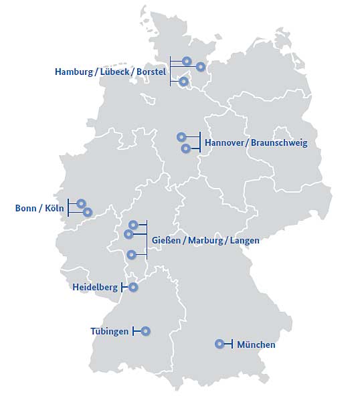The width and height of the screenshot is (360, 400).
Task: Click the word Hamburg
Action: pyautogui.click(x=74, y=72)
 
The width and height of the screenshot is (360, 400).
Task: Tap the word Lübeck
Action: pyautogui.click(x=116, y=72)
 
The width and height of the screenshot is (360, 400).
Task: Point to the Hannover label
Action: pyautogui.click(x=224, y=143)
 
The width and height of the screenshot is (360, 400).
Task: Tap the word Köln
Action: pyautogui.click(x=54, y=208)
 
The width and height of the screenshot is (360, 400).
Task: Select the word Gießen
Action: pyautogui.click(x=167, y=240)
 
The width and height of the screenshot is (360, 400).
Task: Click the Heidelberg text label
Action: pyautogui.click(x=94, y=288)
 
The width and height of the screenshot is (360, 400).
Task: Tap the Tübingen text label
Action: pyautogui.click(x=109, y=331)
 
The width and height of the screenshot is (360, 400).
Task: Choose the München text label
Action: pyautogui.click(x=256, y=345)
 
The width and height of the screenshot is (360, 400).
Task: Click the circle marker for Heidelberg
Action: pyautogui.click(x=132, y=287)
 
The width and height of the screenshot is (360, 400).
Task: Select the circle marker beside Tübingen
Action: pyautogui.click(x=145, y=330)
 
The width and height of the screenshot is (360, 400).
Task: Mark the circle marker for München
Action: pyautogui.click(x=219, y=344)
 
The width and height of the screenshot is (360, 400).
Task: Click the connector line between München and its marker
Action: pyautogui.click(x=228, y=344)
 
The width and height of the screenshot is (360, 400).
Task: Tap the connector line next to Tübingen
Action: pyautogui.click(x=137, y=330)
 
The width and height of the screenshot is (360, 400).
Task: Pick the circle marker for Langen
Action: pyautogui.click(x=131, y=254)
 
